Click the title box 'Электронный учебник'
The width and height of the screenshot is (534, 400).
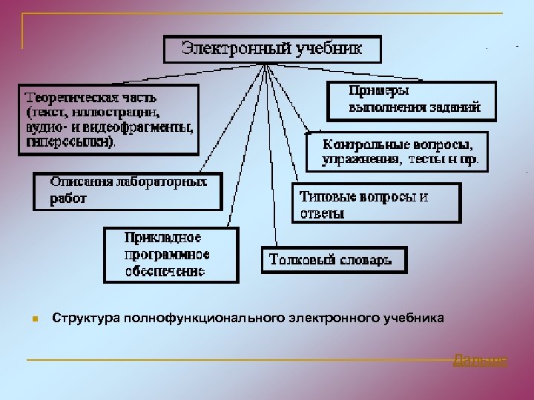click(272, 50)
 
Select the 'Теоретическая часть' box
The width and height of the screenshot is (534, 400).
click(108, 119)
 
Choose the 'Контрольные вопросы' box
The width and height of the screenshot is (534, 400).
click(398, 152)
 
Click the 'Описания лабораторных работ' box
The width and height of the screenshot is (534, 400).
click(127, 190)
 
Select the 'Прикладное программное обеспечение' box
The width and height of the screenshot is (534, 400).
click(171, 255)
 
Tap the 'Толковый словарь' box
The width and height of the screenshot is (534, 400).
click(334, 260)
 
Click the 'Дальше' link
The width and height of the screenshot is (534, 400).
click(480, 361)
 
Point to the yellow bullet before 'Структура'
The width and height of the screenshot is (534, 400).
click(34, 319)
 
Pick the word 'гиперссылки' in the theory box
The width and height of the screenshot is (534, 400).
click(70, 140)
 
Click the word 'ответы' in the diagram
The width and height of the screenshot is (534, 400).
click(322, 214)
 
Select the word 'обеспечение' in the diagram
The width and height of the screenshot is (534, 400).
click(164, 271)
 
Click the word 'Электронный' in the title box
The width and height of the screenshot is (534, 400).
click(227, 50)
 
